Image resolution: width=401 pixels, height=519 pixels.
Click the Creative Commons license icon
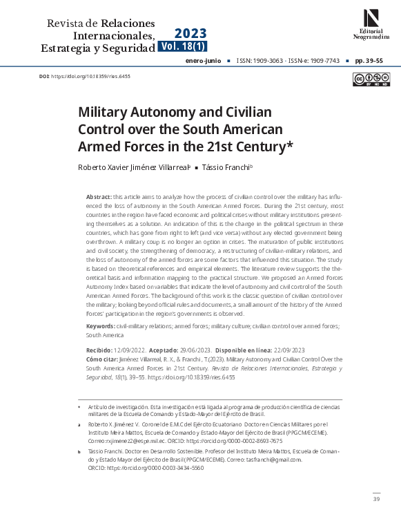coord(365,79)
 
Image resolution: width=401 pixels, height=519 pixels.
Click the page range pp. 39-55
coord(369,61)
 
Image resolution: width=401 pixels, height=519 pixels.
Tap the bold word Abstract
coord(99,197)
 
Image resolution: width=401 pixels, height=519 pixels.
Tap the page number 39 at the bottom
coord(375,499)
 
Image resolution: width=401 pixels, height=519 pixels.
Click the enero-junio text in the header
coord(204,61)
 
